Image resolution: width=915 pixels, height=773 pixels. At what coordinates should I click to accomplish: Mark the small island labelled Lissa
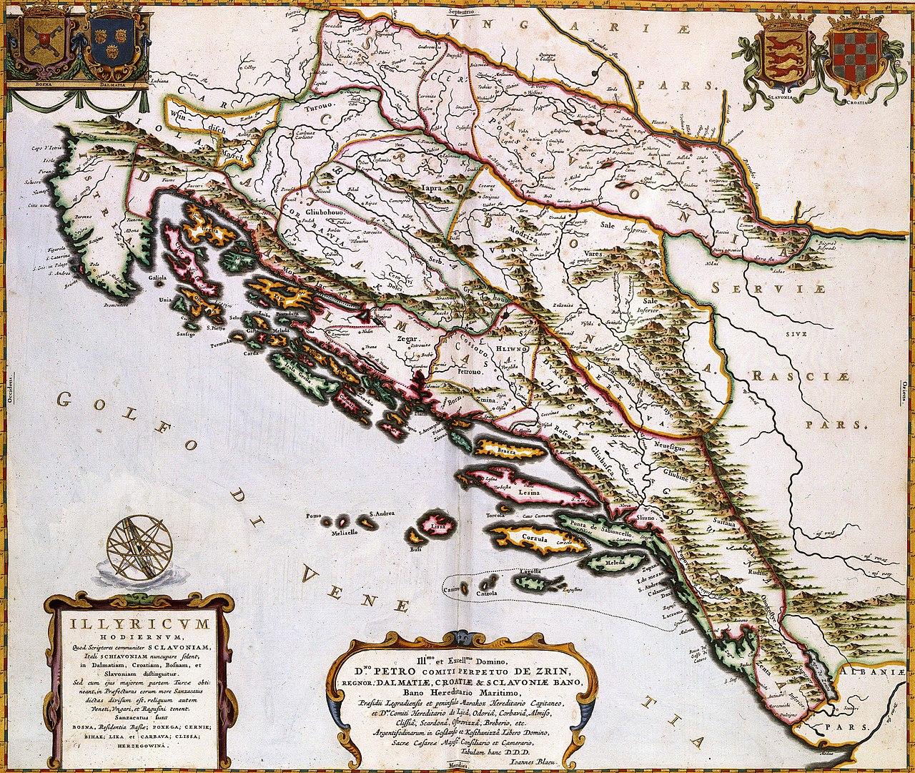pos(437,526)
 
